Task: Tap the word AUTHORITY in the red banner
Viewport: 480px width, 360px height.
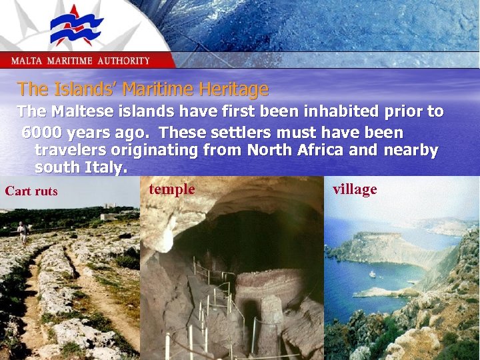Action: click(x=124, y=61)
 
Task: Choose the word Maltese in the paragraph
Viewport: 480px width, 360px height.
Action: click(x=83, y=111)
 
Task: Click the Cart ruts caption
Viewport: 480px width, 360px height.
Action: click(x=31, y=191)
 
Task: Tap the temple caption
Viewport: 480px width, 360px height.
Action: click(x=172, y=189)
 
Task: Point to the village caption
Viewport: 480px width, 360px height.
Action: click(x=355, y=189)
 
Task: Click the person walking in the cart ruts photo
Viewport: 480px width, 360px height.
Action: click(x=23, y=231)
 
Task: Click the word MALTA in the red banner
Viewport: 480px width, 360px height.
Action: click(x=26, y=61)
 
